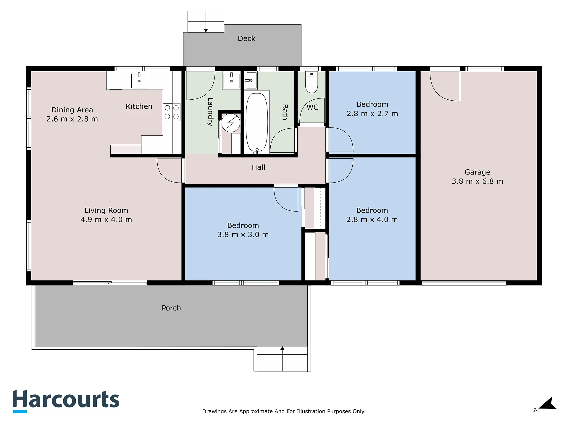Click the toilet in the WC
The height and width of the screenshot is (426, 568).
[311, 82]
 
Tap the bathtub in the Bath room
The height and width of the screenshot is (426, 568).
[257, 122]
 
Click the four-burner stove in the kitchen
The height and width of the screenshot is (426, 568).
[172, 112]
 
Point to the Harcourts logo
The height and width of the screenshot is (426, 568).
[66, 401]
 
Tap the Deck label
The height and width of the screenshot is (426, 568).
[246, 38]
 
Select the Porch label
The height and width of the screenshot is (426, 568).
[171, 308]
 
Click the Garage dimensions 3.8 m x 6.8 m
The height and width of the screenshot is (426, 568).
[477, 181]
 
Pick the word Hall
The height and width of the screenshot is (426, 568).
[258, 167]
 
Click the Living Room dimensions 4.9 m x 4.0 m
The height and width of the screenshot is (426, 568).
[106, 220]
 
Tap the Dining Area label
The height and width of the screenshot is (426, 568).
[72, 110]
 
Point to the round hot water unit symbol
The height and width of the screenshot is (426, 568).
[231, 123]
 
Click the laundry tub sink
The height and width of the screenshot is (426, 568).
[231, 80]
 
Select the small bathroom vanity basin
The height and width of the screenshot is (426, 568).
[251, 80]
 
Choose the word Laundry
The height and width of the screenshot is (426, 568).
[210, 112]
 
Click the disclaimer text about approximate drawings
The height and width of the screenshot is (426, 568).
[284, 411]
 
